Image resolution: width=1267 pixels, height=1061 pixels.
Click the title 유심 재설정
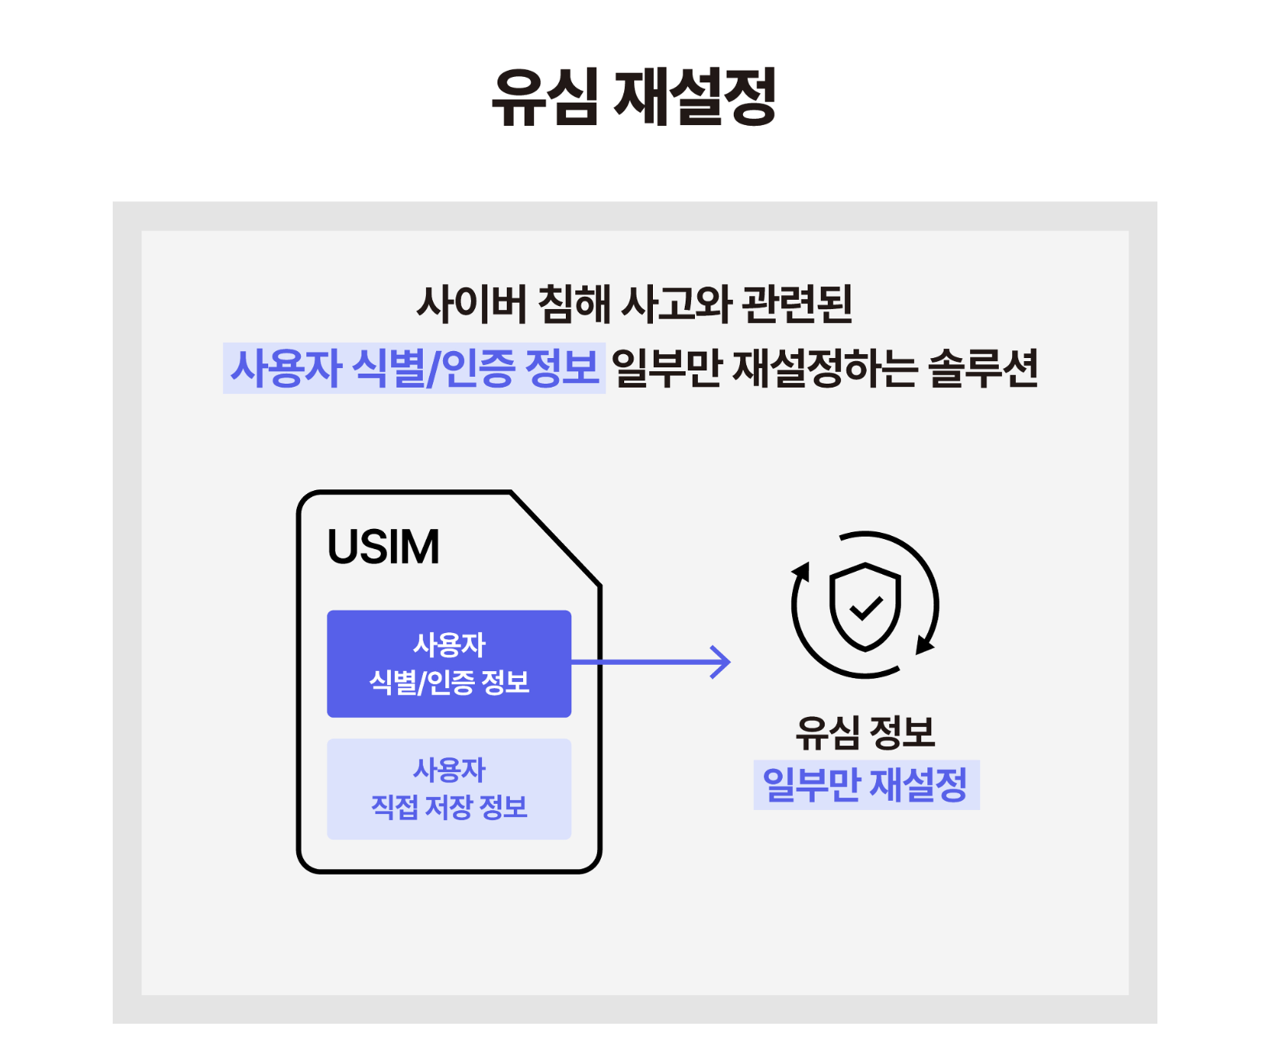[x=633, y=96]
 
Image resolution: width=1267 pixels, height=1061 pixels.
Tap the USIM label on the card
[x=383, y=547]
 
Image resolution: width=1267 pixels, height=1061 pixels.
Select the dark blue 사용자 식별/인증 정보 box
[x=449, y=663]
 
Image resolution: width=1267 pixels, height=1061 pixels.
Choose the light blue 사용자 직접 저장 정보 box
[x=449, y=788]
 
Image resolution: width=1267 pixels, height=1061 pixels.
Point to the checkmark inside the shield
[x=865, y=607]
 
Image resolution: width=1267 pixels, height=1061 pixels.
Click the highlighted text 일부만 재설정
[x=865, y=784]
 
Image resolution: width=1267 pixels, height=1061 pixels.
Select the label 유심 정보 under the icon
[x=865, y=732]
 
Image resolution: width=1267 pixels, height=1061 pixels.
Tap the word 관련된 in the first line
[x=798, y=304]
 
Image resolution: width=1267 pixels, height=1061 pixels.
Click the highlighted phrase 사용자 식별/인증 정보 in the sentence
[x=414, y=368]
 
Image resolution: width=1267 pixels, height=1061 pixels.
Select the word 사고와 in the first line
[x=677, y=304]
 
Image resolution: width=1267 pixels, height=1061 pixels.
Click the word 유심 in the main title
[x=545, y=96]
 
